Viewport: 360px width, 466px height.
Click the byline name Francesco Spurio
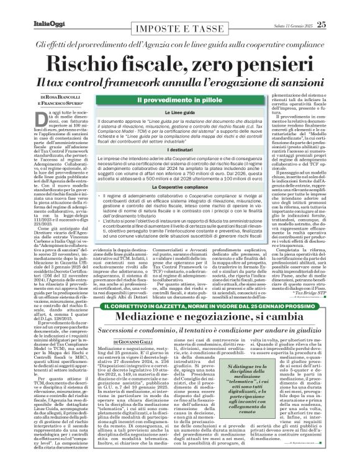68,104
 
